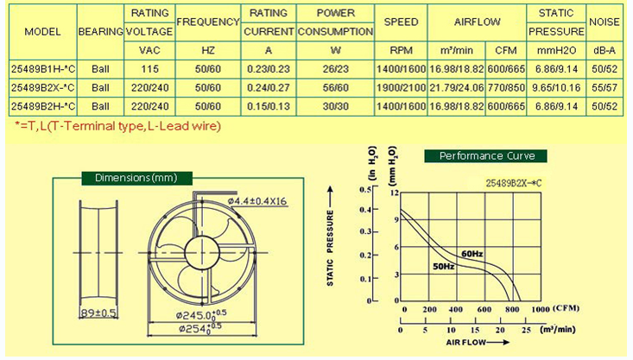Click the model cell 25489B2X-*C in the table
(43, 87)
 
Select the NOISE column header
(604, 22)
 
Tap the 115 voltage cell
(149, 69)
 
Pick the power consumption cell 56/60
(335, 87)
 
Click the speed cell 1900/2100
(401, 87)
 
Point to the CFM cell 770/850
(506, 87)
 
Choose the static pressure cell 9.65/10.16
(556, 87)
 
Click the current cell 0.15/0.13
(269, 106)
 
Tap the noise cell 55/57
(605, 87)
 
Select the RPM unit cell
(401, 50)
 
